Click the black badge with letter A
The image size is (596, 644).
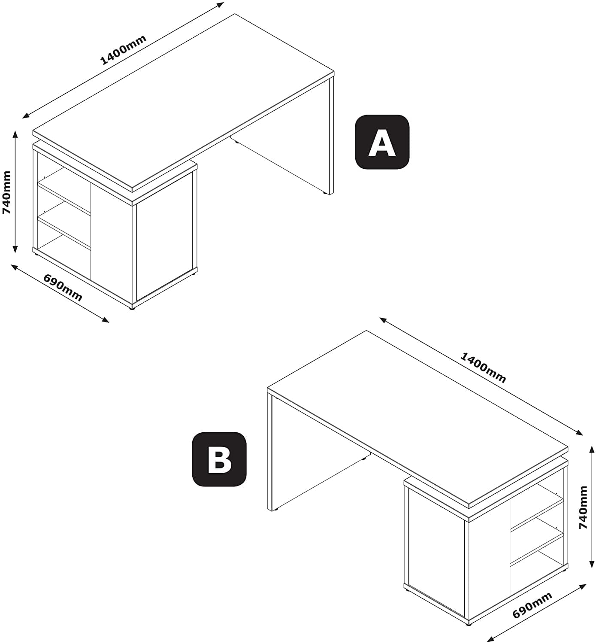pos(382,142)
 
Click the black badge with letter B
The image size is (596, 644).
pos(219,459)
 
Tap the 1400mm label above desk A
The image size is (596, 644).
pos(123,50)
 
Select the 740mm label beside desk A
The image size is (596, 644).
pos(7,192)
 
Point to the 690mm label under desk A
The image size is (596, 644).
pos(63,288)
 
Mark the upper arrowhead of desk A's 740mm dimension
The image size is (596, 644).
pos(15,134)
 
